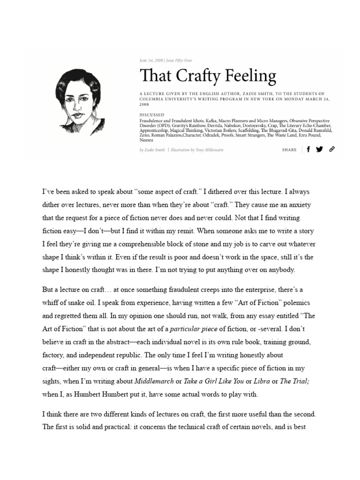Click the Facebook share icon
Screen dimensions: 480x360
(x=308, y=150)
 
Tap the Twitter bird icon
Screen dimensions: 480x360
(x=319, y=150)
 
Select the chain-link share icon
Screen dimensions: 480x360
(x=332, y=150)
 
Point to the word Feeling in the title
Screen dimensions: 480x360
(x=250, y=75)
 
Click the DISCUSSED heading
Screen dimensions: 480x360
(x=151, y=114)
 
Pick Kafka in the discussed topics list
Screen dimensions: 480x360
(x=221, y=120)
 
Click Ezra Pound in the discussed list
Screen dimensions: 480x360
(x=316, y=135)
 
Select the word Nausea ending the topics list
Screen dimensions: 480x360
(x=147, y=140)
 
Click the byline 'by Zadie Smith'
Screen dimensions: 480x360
(x=152, y=150)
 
